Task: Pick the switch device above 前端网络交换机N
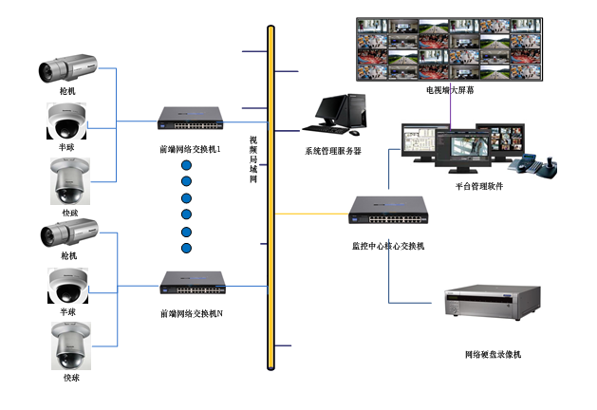(194, 283)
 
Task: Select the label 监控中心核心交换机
(388, 246)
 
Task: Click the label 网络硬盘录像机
(493, 354)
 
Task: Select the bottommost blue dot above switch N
(186, 249)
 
